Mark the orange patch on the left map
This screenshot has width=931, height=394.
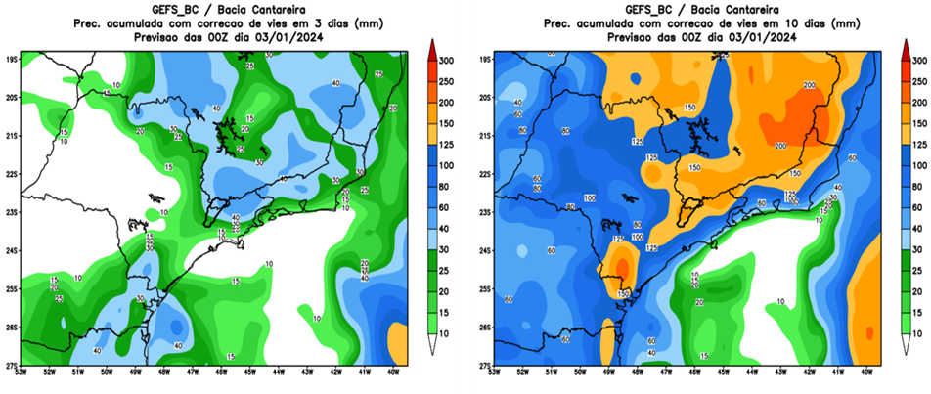click(x=397, y=341)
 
